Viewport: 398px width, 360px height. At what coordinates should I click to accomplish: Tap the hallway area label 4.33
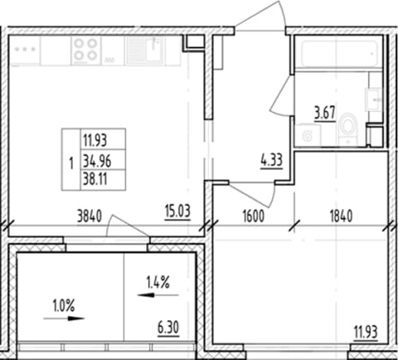(271, 161)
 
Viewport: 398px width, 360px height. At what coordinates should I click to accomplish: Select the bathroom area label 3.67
(325, 113)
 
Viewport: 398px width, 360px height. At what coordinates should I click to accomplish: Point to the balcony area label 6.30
(168, 328)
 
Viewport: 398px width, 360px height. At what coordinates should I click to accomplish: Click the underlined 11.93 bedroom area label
(366, 332)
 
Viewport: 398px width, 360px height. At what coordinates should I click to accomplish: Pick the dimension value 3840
(89, 216)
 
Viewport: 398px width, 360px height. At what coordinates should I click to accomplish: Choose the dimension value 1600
(254, 216)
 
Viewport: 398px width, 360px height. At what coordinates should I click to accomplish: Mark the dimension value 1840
(341, 216)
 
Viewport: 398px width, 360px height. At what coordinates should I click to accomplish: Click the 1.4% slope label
(158, 282)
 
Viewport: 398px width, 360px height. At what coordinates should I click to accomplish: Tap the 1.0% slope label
(64, 305)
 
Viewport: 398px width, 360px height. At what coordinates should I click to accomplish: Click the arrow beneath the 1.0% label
(64, 318)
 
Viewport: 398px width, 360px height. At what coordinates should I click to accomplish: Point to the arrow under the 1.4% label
(158, 295)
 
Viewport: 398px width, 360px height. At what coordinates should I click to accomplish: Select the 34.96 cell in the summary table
(97, 162)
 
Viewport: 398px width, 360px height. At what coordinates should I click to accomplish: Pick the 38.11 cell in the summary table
(95, 178)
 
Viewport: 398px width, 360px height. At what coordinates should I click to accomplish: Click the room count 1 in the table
(71, 163)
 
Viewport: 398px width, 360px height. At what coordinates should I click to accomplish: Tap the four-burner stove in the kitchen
(86, 49)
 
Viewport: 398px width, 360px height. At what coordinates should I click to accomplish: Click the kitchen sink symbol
(145, 50)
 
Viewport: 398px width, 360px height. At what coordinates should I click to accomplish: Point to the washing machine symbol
(308, 135)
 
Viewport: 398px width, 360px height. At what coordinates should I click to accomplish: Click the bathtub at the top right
(339, 53)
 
